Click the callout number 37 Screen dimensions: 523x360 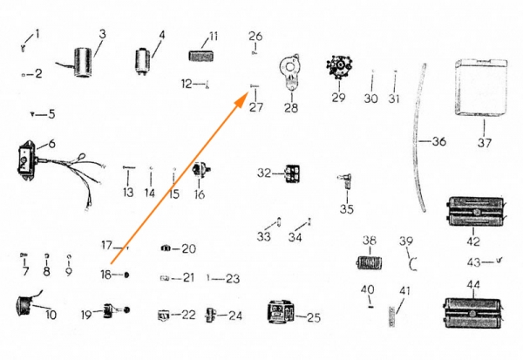(485, 143)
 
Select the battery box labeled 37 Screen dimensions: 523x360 (481, 87)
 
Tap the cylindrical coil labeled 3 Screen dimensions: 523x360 (82, 63)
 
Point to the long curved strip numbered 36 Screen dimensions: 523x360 (419, 138)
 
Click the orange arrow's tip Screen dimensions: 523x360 (248, 94)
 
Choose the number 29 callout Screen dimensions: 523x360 (338, 98)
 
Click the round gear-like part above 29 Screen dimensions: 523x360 (339, 68)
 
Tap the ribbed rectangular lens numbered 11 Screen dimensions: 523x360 (200, 56)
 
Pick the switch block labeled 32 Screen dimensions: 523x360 (292, 173)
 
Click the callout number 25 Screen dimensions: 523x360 (314, 317)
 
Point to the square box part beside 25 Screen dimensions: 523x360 (282, 312)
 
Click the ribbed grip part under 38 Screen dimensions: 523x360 (369, 262)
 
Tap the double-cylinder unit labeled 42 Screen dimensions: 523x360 (475, 212)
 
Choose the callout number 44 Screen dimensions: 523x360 (473, 284)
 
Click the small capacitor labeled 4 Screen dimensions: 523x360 (143, 62)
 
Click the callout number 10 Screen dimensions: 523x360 (51, 315)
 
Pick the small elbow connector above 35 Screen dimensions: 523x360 (346, 180)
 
